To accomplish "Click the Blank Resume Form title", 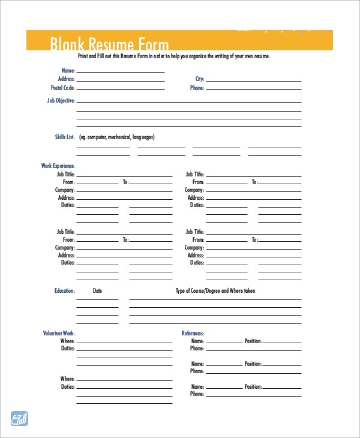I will click(x=109, y=44).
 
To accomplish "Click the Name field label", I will click(x=68, y=70).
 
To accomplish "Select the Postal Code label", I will click(x=62, y=88).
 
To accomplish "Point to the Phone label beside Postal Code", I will click(x=197, y=88).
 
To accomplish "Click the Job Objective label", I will click(x=61, y=101).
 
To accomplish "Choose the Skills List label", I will click(x=64, y=137).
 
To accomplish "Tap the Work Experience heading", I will click(x=58, y=166).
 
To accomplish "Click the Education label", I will click(x=64, y=291).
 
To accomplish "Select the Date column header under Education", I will click(x=98, y=291).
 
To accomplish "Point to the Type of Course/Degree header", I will click(x=215, y=291).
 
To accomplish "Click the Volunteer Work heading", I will click(x=59, y=333).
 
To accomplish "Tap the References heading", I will click(x=193, y=333).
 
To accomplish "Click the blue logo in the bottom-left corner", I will click(x=20, y=418).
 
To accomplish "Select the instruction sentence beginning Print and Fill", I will click(x=174, y=56).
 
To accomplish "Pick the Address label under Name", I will click(x=66, y=79).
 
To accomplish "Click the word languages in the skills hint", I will click(x=143, y=137).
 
